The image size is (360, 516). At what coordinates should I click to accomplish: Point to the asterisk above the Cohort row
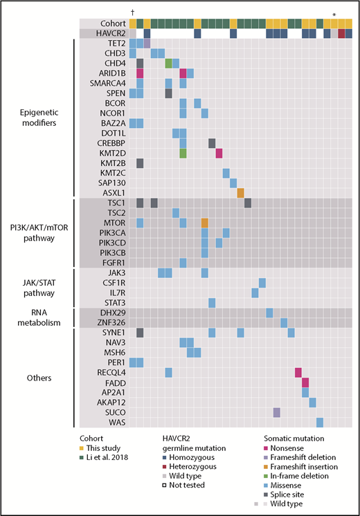tap(334, 14)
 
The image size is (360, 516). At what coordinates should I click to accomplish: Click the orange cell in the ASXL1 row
tap(241, 192)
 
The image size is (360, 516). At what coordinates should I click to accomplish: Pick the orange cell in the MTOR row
tap(205, 223)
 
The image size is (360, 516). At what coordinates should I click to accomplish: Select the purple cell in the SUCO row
tap(277, 412)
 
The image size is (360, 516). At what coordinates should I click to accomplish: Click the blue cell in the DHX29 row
tap(269, 313)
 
